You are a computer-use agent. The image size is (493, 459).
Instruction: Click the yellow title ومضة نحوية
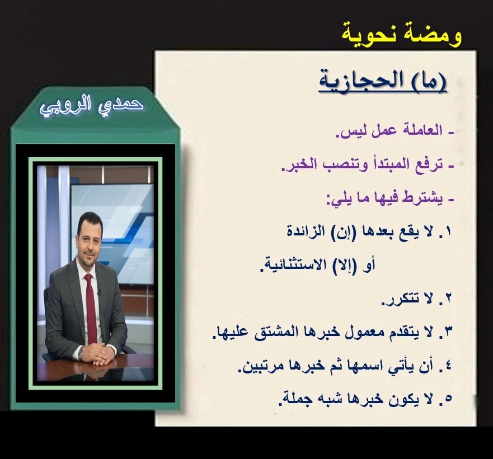(x=401, y=35)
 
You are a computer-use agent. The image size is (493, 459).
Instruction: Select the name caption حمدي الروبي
(x=92, y=106)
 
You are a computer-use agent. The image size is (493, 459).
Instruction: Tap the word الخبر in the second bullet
(x=298, y=164)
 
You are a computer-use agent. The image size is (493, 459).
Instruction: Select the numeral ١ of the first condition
(x=448, y=232)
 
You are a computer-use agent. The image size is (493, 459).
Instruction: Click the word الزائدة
(x=302, y=231)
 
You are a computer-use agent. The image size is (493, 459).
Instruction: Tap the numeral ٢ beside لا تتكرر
(x=448, y=299)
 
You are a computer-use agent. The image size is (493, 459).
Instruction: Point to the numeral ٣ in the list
(x=448, y=332)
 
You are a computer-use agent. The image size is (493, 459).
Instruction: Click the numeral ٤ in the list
(x=448, y=366)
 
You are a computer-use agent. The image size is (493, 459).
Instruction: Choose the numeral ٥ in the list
(x=448, y=399)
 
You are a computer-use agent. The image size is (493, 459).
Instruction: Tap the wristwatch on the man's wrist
(x=81, y=353)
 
